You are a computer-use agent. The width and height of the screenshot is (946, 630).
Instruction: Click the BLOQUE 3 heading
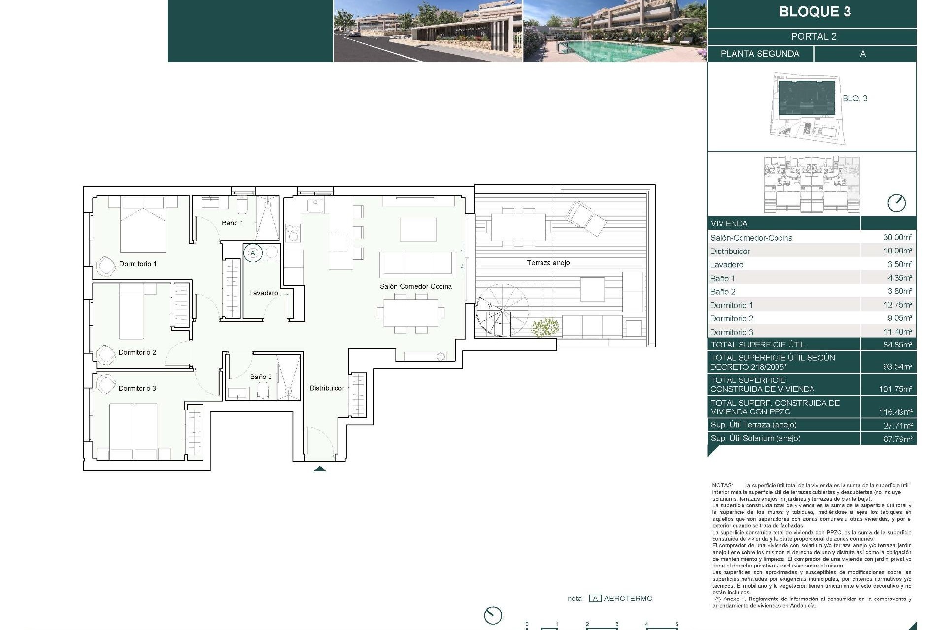814,12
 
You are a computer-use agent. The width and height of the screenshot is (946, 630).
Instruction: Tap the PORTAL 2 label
813,36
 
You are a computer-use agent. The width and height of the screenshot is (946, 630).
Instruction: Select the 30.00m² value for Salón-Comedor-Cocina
897,237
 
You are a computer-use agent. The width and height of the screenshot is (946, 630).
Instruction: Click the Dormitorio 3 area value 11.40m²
897,332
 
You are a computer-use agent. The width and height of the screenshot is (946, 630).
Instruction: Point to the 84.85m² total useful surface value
897,345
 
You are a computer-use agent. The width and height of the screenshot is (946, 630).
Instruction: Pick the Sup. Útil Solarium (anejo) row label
755,438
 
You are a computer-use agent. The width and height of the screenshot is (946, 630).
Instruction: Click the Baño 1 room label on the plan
232,223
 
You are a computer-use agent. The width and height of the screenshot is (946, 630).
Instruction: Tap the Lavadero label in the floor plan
263,293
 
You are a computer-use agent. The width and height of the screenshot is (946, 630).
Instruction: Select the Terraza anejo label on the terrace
548,263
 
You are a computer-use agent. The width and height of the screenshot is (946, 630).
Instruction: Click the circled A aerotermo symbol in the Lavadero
253,253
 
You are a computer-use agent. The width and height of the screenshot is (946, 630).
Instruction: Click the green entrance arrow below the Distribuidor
320,468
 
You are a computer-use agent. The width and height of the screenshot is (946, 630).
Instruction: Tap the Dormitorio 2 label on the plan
137,352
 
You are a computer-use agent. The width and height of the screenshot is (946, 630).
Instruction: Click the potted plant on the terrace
545,327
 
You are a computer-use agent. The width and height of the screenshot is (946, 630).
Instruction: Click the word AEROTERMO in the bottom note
628,598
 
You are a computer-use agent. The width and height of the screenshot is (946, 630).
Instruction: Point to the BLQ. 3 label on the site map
854,98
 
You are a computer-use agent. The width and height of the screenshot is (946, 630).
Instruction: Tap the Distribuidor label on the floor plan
327,388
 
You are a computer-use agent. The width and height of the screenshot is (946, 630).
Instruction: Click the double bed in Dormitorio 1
143,226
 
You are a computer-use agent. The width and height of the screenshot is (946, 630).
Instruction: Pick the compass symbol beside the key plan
896,203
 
